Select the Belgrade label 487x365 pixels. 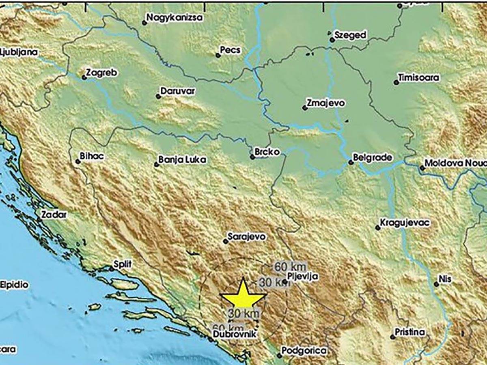pos(372,157)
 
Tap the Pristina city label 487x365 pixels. pos(410,333)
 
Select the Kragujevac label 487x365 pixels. pos(402,223)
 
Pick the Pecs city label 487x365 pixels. pos(230,50)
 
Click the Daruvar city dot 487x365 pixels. pos(158,97)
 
